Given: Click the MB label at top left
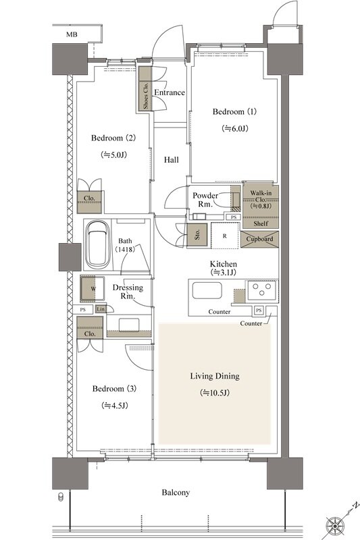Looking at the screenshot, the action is (x=72, y=34).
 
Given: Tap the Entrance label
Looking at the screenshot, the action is (x=169, y=92).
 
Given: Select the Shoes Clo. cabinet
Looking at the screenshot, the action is (x=145, y=88).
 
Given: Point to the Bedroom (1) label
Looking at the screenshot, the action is (x=234, y=111).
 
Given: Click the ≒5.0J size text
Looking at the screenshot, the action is (x=113, y=155).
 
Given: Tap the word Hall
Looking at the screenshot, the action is (x=171, y=160).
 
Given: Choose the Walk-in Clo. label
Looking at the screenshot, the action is (x=261, y=196).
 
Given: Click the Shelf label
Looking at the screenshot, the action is (x=261, y=224).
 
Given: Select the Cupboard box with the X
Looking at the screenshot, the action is (x=259, y=239).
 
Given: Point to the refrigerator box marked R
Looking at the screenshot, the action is (x=225, y=236).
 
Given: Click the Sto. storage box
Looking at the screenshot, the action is (x=197, y=235).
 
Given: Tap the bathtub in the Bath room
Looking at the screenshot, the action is (x=97, y=245).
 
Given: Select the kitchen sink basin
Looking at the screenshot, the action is (x=207, y=290).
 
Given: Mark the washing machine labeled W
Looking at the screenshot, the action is (x=93, y=288).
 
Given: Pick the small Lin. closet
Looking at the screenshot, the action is (x=101, y=309).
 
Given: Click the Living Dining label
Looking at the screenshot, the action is (x=215, y=376).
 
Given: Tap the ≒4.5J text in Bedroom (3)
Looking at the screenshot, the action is (x=115, y=406).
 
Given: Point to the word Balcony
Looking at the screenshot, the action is (x=176, y=493).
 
